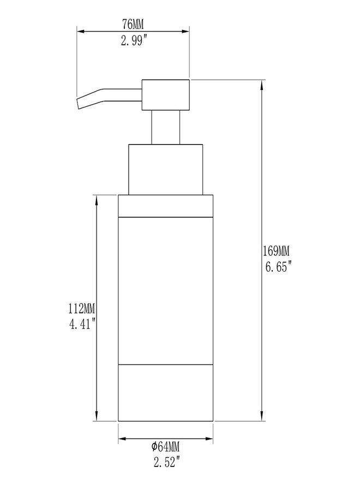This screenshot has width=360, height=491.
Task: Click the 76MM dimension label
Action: pos(133,24)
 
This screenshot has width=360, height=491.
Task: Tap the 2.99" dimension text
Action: pos(134,40)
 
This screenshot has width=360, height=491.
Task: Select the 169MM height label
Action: pos(276,251)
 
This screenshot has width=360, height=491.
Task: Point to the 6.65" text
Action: pos(278,267)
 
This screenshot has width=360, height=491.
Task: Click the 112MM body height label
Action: pos(82,309)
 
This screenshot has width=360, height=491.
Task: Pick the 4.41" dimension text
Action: pos(82,325)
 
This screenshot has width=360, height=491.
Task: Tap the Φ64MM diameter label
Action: pos(165,446)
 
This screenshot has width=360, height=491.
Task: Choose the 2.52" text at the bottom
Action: pos(167,462)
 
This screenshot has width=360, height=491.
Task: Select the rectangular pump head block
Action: pos(166,95)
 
